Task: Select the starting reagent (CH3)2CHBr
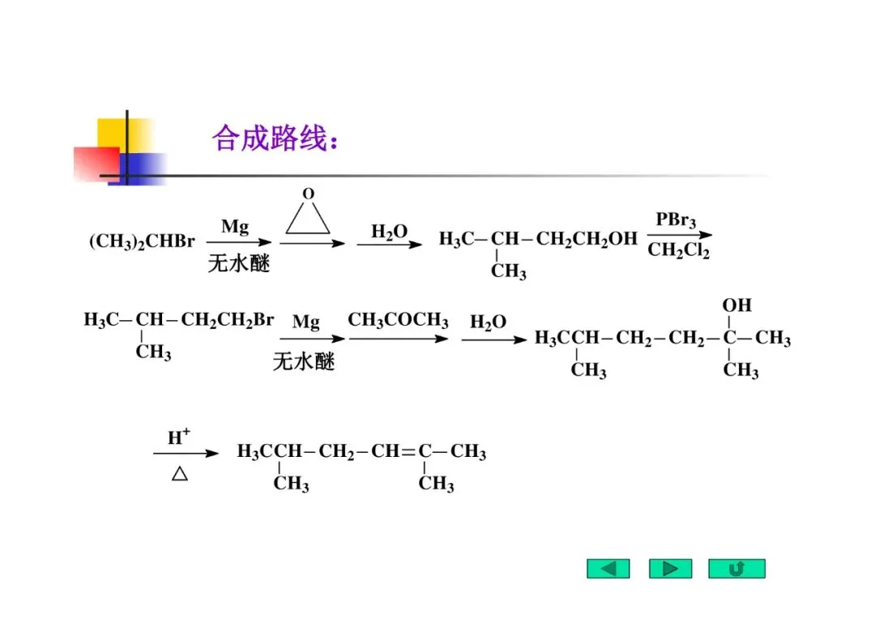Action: tap(142, 241)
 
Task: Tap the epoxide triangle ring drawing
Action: tap(308, 217)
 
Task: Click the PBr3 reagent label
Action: tap(676, 220)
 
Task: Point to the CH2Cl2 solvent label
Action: tap(678, 251)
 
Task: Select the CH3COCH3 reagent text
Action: tap(398, 321)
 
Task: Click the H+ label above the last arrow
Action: tap(179, 438)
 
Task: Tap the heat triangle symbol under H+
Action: tap(180, 474)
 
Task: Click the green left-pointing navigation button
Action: tap(608, 569)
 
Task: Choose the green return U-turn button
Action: tap(736, 569)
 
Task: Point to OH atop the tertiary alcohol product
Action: tap(736, 305)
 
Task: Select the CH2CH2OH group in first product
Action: tap(587, 239)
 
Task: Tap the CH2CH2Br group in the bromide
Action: tap(228, 320)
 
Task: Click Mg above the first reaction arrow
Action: tap(235, 227)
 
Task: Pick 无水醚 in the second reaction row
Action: tap(304, 361)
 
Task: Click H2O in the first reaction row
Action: tap(389, 233)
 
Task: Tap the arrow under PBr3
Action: tap(679, 236)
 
